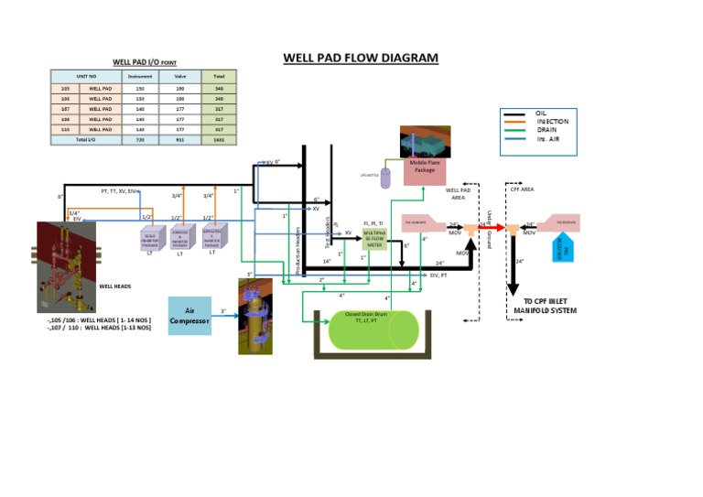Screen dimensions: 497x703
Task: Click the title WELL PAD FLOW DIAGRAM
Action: [x=361, y=58]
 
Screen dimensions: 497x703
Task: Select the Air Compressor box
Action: [x=189, y=316]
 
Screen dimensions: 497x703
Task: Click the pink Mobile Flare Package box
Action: [x=422, y=170]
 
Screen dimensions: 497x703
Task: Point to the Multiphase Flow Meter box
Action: [x=375, y=239]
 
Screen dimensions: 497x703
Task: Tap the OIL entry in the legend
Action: [x=541, y=113]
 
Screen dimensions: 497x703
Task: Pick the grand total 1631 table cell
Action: [x=219, y=140]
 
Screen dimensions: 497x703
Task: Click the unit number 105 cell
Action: [x=65, y=88]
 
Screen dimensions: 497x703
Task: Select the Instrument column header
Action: [x=139, y=76]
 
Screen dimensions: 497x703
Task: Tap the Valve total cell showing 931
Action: [x=178, y=140]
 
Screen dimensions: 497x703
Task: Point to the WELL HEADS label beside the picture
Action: [x=114, y=286]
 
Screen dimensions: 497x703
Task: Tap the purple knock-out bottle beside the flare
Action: [x=386, y=178]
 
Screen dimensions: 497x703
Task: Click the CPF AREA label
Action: [x=522, y=189]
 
